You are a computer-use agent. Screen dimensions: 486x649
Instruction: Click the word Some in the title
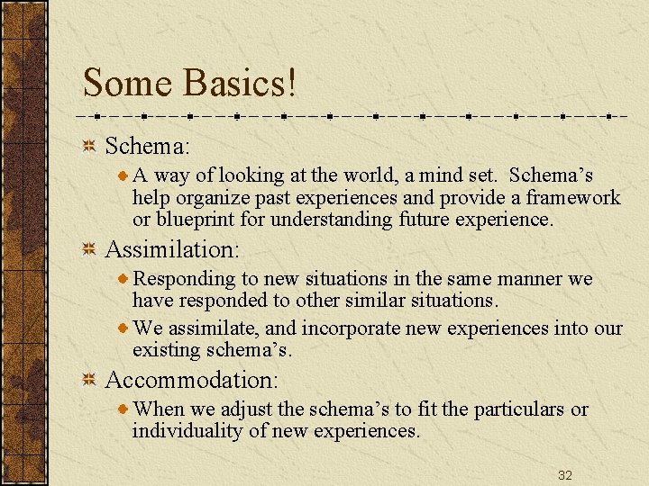[x=127, y=83]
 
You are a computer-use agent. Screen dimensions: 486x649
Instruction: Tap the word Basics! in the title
[x=240, y=83]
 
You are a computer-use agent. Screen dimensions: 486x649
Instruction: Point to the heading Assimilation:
[x=170, y=248]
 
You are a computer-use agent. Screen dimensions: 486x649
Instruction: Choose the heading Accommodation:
[x=192, y=379]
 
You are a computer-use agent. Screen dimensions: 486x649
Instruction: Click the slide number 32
[x=565, y=475]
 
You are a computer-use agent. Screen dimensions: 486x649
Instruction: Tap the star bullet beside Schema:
[x=89, y=146]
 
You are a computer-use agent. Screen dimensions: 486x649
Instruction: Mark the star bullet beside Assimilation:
[x=89, y=249]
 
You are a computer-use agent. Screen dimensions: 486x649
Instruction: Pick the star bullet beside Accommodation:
[x=89, y=380]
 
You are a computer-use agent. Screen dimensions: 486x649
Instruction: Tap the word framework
[x=573, y=198]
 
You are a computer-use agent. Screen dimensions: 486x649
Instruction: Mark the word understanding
[x=334, y=220]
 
